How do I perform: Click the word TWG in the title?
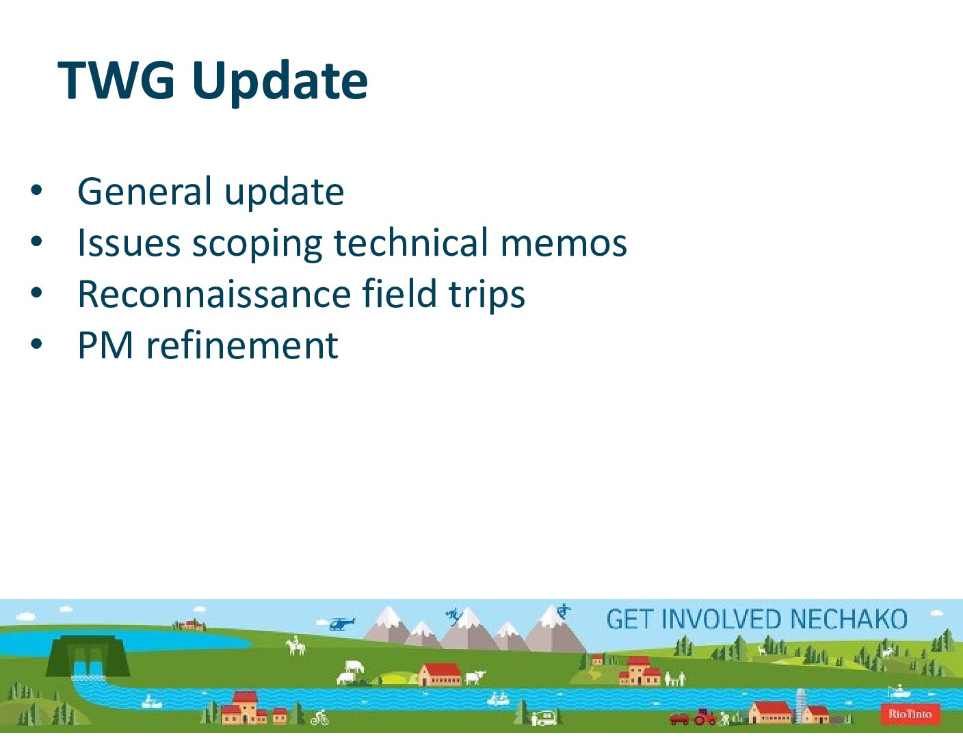(116, 81)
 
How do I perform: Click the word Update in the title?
(280, 84)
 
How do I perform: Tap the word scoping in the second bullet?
(257, 245)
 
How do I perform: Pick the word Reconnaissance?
(215, 294)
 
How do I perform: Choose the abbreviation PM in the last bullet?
(105, 345)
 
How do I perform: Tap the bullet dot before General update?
(36, 191)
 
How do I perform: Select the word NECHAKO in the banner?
(849, 620)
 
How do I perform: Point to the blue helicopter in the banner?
(341, 624)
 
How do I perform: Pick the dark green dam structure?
(88, 656)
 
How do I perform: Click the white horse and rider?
(295, 646)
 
